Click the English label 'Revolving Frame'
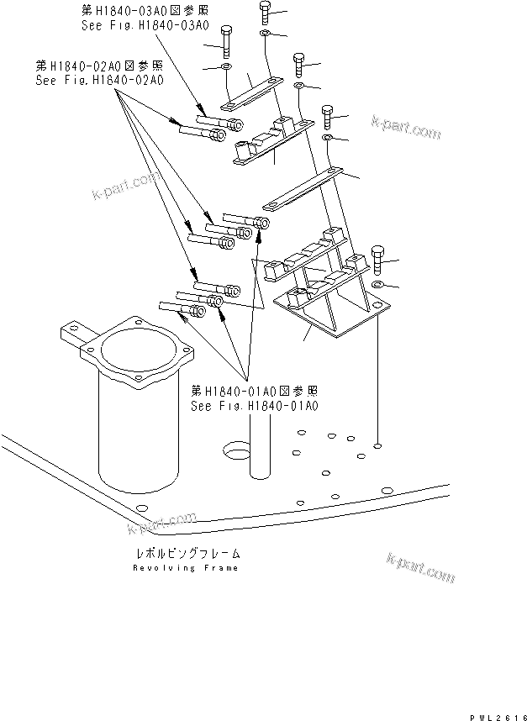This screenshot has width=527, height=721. click(185, 568)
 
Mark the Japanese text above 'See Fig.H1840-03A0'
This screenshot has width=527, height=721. click(145, 11)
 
